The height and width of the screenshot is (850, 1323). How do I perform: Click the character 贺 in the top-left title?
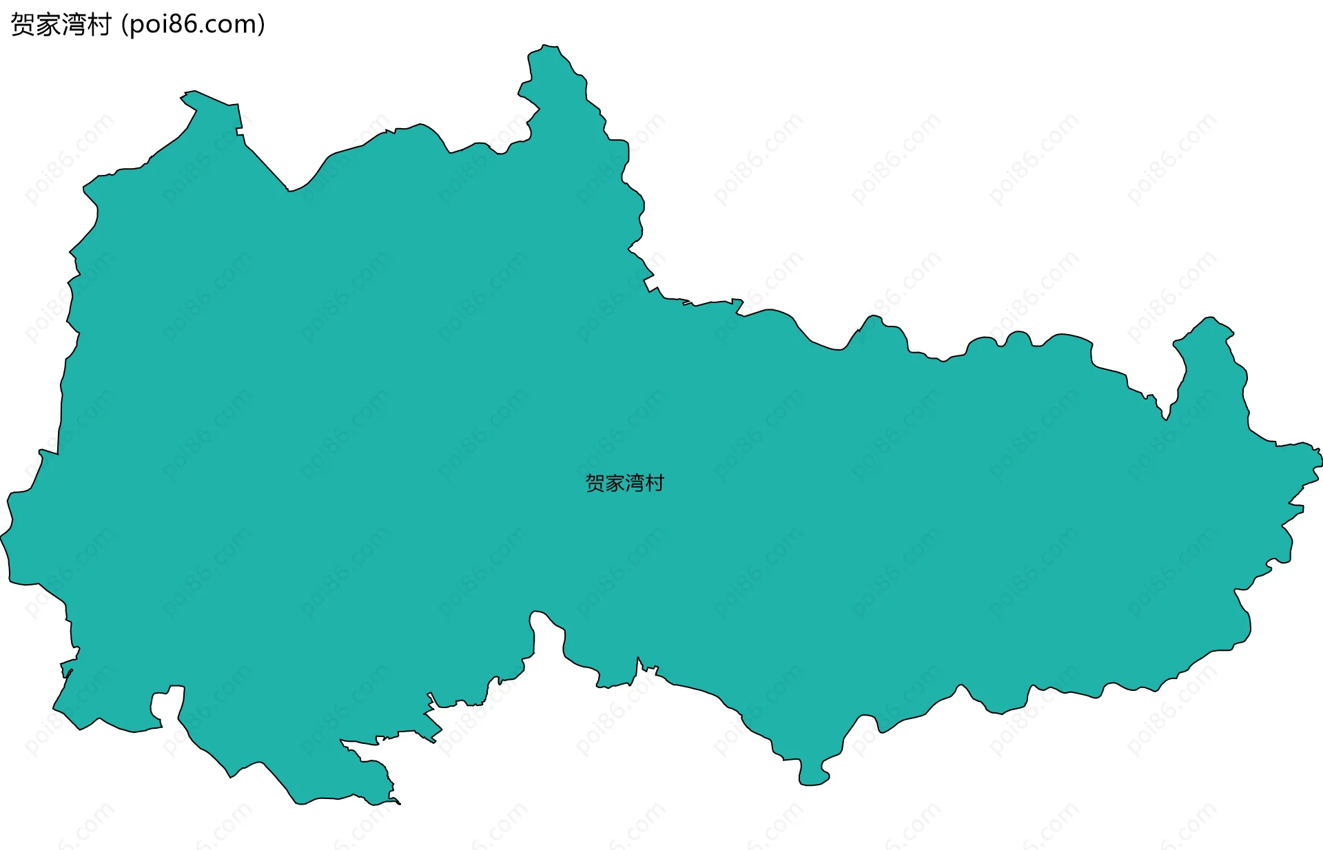point(23,25)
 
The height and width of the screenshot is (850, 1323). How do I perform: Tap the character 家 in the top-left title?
point(48,25)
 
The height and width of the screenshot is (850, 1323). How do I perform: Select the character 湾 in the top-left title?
point(74,25)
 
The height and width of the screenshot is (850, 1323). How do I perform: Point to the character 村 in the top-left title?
point(99,25)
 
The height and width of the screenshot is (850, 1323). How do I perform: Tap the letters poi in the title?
point(147,25)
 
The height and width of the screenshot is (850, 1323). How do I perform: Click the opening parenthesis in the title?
point(124,25)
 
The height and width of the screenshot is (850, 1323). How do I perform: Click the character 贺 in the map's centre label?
point(595,483)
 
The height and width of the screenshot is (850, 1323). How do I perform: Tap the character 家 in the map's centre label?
point(615,483)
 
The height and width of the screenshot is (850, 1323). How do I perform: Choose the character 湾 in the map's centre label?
point(635,483)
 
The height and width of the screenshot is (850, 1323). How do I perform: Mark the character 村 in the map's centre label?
point(655,483)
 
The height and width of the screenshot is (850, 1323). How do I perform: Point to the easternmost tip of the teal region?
point(1320,459)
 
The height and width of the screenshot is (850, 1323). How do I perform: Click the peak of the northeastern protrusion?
point(1211,318)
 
